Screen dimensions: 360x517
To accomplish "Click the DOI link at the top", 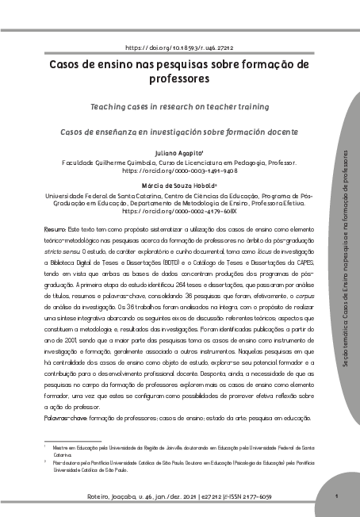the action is tap(179, 48).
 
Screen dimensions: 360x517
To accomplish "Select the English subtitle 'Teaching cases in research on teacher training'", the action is tap(179, 105).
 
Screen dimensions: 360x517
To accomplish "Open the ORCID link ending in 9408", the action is tap(179, 170).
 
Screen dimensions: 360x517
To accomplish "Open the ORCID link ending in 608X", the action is tap(179, 213).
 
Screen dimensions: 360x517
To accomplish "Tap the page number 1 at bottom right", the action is tap(338, 497).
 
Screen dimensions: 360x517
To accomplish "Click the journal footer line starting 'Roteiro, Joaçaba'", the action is tap(179, 497).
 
